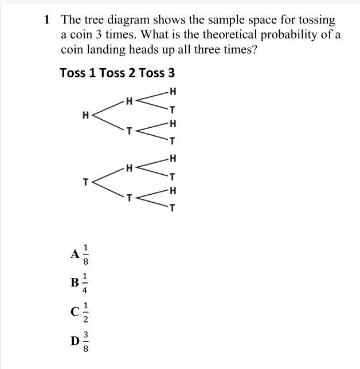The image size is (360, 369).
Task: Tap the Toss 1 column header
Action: tap(78, 73)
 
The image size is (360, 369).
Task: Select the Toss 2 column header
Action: tap(118, 73)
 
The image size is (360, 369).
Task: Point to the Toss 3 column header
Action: tap(156, 73)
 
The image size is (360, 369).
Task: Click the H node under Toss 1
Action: tap(86, 115)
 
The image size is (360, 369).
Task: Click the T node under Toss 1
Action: tap(86, 182)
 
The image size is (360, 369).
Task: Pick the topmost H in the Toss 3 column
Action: tap(173, 91)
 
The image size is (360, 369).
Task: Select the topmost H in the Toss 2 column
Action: tap(130, 101)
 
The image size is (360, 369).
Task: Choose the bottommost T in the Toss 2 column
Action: tap(130, 198)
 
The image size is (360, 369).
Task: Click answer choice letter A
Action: tap(75, 254)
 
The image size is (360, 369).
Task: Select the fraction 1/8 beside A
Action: tap(86, 254)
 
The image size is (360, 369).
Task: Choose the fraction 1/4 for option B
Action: tap(85, 283)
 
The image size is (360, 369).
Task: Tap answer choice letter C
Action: tap(75, 312)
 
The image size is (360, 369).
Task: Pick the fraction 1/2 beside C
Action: tap(86, 312)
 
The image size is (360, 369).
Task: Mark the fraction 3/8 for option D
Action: tap(86, 341)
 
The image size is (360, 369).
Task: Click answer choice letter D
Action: tap(75, 341)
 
